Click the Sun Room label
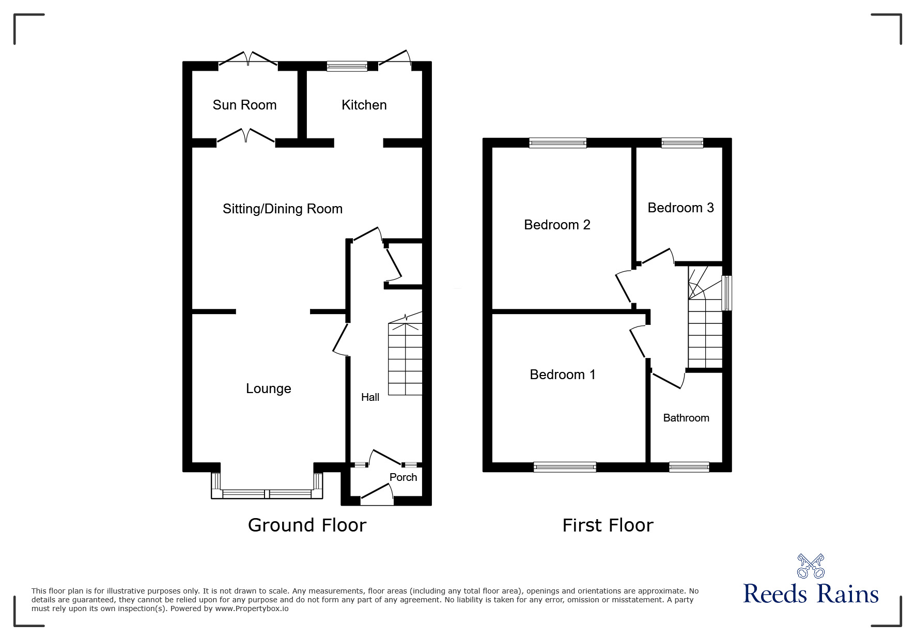[244, 105]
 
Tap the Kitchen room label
[364, 105]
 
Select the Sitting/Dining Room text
[283, 209]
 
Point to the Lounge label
[269, 388]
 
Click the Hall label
[370, 397]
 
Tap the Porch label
[403, 477]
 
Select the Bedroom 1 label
[563, 374]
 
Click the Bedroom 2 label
[557, 225]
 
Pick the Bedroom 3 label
[680, 208]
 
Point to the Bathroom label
[686, 418]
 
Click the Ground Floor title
[307, 525]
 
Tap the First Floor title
[608, 525]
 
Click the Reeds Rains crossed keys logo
[811, 566]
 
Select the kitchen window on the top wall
[347, 66]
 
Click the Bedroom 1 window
[565, 467]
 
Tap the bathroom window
[689, 467]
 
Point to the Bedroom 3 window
[682, 143]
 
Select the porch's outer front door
[377, 494]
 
